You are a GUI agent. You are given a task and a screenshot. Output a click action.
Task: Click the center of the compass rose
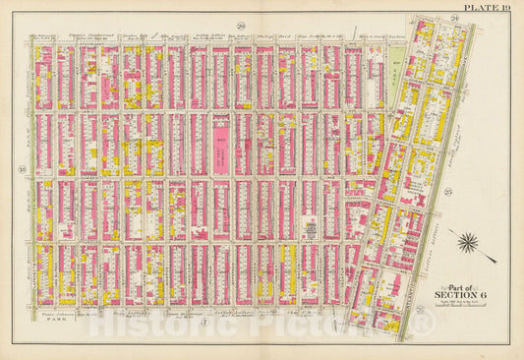pos(470,240)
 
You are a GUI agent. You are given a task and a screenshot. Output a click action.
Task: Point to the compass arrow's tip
pos(454,233)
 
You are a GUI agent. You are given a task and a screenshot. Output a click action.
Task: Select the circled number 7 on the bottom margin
pos(203,321)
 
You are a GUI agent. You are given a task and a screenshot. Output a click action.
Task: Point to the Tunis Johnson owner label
pos(58,316)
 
